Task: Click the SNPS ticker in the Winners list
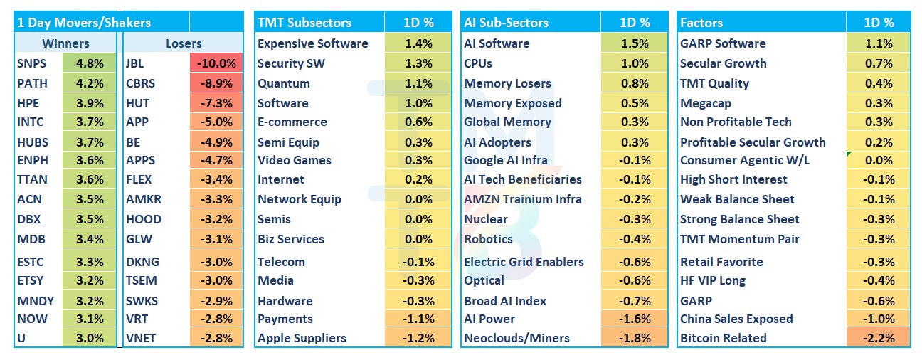[x=32, y=63]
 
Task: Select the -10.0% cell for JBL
[x=216, y=63]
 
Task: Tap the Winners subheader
[x=66, y=43]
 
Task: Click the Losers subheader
[x=184, y=43]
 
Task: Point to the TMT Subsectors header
[x=304, y=22]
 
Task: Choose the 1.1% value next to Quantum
[x=418, y=83]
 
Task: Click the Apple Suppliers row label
[x=302, y=338]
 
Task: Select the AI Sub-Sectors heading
[x=507, y=22]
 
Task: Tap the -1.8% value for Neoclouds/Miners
[x=635, y=338]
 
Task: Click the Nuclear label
[x=486, y=219]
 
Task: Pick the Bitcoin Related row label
[x=724, y=338]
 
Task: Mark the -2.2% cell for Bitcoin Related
[x=879, y=338]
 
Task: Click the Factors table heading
[x=701, y=22]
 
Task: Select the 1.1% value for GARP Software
[x=879, y=43]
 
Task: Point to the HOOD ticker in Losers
[x=144, y=219]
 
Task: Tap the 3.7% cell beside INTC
[x=90, y=122]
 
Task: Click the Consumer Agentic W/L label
[x=745, y=160]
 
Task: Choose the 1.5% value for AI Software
[x=635, y=43]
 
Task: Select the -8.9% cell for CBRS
[x=216, y=83]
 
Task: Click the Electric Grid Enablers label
[x=524, y=262]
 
